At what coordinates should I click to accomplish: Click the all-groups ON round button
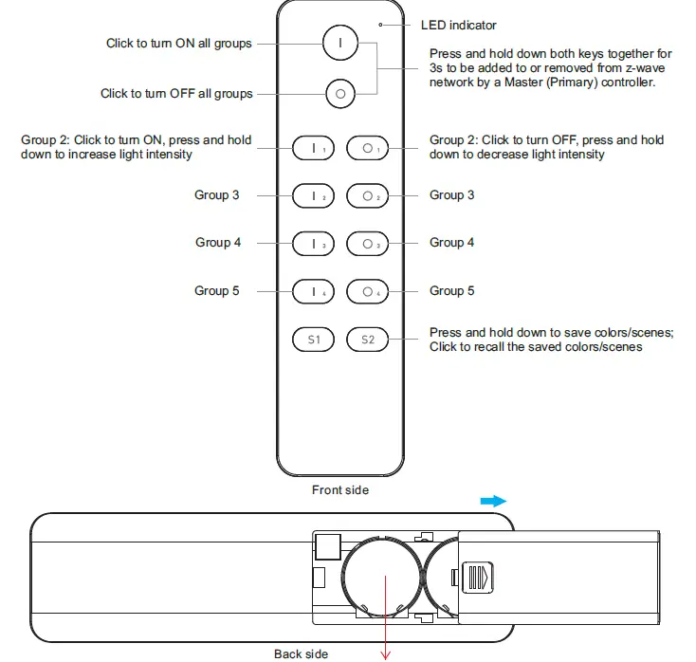click(339, 44)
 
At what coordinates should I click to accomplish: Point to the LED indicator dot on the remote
click(380, 26)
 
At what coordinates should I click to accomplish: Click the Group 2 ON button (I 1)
click(314, 149)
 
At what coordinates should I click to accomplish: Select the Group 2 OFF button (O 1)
click(367, 149)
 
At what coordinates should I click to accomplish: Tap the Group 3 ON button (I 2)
click(314, 196)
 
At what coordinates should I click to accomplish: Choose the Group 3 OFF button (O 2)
click(367, 196)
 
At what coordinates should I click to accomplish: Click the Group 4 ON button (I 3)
click(314, 244)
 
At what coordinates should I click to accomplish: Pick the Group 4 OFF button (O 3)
click(367, 244)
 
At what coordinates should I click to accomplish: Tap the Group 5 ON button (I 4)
click(314, 291)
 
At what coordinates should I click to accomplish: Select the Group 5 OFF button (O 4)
click(367, 291)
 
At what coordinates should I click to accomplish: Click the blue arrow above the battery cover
click(493, 501)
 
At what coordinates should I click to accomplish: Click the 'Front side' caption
click(340, 490)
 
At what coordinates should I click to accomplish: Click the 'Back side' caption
click(301, 653)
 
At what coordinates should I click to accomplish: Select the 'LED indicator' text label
click(458, 26)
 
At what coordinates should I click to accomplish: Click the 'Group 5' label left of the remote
click(217, 290)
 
